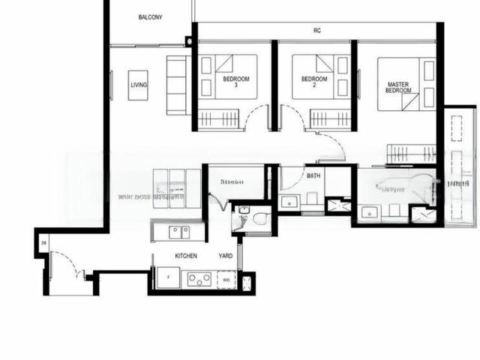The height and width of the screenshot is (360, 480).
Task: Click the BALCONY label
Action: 151,16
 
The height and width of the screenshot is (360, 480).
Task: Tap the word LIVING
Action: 139,85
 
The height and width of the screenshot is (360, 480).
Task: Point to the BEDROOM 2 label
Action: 314,81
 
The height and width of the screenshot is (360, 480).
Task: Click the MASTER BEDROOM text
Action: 398,87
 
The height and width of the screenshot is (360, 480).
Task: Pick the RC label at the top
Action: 317,31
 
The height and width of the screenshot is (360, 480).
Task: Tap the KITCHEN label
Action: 186,256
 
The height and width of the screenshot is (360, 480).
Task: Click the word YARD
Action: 226,256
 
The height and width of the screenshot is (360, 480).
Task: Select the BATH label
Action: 314,175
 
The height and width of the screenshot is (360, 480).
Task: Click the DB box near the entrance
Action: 44,243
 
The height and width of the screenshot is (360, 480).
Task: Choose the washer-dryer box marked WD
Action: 226,280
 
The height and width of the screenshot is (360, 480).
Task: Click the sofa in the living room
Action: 178,84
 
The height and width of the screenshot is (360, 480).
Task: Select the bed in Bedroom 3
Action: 229,76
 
